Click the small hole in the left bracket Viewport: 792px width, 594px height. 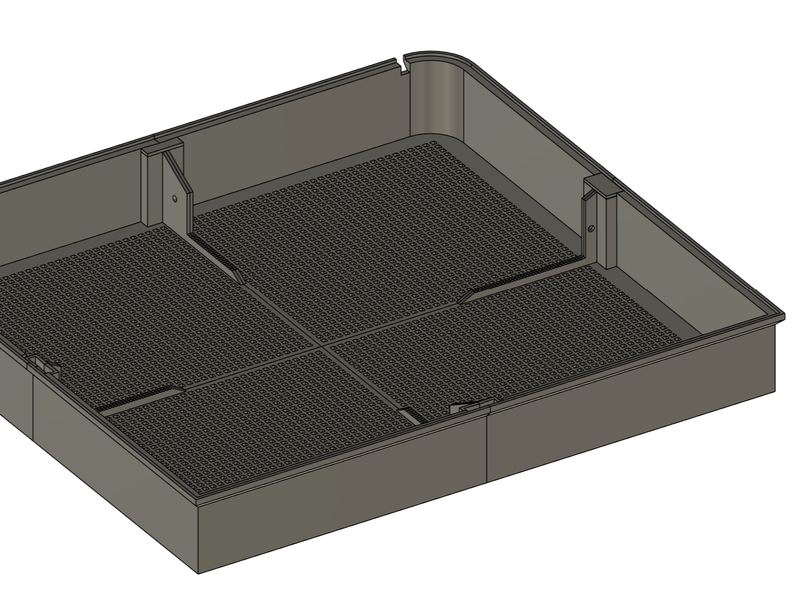tap(174, 198)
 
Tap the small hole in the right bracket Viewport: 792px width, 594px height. tap(591, 227)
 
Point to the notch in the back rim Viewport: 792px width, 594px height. tap(400, 62)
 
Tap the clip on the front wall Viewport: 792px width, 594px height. tap(470, 408)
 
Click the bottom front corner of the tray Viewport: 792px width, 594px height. tap(198, 573)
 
